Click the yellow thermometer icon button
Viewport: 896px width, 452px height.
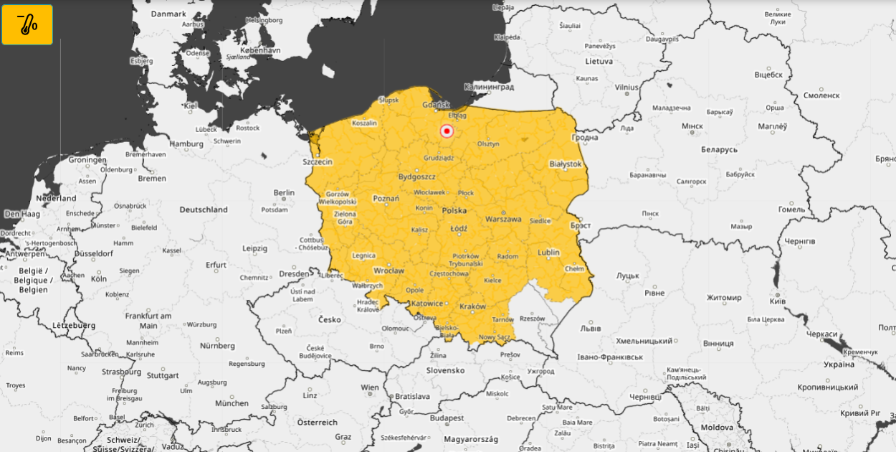pos(27,24)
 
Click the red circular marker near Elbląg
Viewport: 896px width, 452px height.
pos(447,131)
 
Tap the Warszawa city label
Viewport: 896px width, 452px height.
pos(502,219)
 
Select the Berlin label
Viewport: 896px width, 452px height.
pos(284,192)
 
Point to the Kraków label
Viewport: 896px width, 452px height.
pos(472,306)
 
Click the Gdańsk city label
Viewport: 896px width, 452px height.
pos(436,105)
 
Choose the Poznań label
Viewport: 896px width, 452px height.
pos(386,198)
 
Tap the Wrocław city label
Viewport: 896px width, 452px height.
pos(389,270)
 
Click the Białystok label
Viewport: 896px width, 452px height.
pos(565,164)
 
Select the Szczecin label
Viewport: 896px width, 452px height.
pos(317,162)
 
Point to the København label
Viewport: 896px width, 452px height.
pos(260,51)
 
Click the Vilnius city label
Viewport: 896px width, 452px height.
pos(626,87)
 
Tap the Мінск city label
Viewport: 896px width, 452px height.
pos(692,126)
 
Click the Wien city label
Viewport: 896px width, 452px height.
pos(370,387)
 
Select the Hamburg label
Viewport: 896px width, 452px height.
pos(186,143)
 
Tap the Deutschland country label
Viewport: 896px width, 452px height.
pos(204,209)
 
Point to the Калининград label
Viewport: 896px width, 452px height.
pos(489,87)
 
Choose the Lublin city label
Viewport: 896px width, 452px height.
pos(548,253)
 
